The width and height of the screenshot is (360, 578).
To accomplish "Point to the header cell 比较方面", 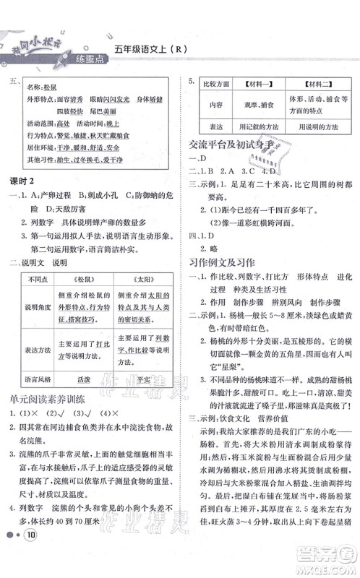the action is pos(215,84).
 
